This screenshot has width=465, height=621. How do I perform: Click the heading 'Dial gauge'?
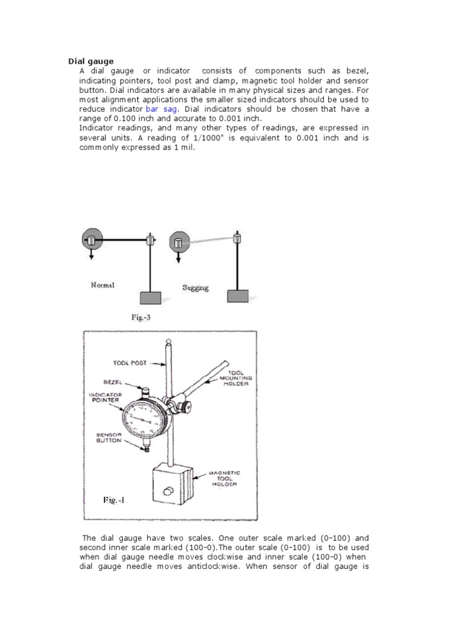90,61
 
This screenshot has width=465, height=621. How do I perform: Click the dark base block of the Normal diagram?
151,297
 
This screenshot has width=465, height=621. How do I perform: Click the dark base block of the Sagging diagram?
237,296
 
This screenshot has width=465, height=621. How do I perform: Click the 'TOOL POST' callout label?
130,363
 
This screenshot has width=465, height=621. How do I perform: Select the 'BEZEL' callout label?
113,383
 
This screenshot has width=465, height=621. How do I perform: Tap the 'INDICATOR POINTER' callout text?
105,397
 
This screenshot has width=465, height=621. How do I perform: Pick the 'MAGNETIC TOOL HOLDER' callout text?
224,478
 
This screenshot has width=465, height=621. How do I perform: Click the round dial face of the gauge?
143,419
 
